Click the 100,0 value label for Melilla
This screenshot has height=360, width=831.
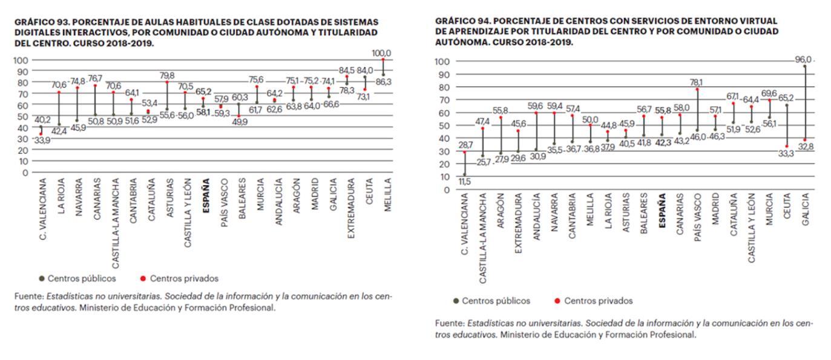381,53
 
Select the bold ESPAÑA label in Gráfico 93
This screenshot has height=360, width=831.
206,192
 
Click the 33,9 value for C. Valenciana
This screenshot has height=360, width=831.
41,140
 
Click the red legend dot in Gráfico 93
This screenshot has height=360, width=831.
143,279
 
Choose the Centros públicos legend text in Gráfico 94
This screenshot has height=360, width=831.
496,301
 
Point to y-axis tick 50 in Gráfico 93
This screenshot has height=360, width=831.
23,116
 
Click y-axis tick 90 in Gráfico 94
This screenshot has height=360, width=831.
442,74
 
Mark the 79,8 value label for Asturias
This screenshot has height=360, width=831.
167,76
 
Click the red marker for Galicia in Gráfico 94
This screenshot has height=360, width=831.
804,140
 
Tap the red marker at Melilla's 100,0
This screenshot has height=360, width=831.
383,59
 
